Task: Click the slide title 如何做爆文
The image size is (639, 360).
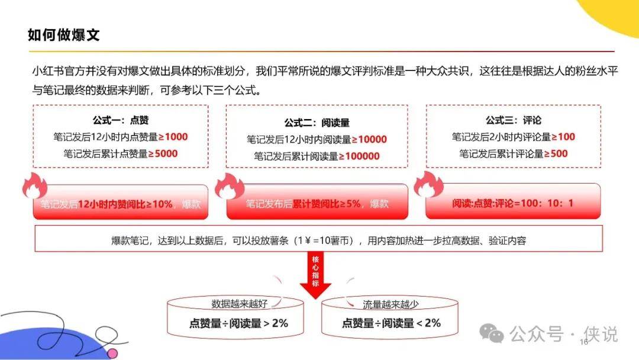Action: pos(63,35)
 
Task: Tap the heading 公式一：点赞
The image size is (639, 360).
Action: pos(121,120)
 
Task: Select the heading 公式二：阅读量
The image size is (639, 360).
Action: pos(317,123)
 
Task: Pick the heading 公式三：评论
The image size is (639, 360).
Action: pos(514,120)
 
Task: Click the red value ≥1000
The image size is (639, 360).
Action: pos(173,137)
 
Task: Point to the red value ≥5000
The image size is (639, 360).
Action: pos(163,154)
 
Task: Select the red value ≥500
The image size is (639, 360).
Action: pos(556,154)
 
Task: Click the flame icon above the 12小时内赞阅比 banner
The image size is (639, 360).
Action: pos(35,185)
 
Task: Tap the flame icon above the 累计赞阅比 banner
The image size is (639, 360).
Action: pos(230,187)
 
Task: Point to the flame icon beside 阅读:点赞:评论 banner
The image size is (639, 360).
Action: pos(428,184)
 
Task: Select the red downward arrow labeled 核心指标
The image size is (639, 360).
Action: pos(315,275)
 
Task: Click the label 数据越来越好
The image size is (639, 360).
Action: pos(239,304)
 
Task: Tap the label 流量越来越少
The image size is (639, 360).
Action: pos(390,304)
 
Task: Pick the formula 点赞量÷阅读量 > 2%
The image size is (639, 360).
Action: pos(238,323)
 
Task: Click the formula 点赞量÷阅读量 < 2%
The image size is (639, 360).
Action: pos(391,323)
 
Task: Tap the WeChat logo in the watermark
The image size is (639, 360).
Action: pos(491,333)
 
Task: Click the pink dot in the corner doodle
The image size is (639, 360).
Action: pos(112,353)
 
